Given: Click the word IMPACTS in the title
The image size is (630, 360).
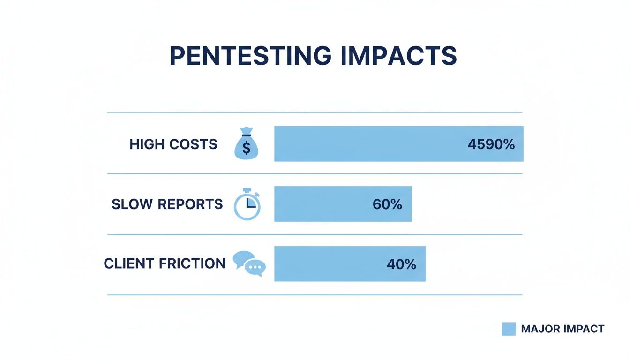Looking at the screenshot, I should tap(396, 56).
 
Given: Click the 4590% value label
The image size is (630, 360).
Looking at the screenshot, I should tap(491, 144).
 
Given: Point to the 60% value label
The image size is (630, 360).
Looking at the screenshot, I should tap(387, 204).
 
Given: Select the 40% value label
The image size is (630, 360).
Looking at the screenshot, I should tap(401, 264).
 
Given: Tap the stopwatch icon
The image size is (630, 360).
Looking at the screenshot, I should tap(247, 205).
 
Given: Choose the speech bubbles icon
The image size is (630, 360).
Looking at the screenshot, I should tap(249, 263).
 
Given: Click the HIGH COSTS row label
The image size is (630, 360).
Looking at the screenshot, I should tap(173, 144).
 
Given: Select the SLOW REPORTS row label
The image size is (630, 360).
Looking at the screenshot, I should tap(167, 204).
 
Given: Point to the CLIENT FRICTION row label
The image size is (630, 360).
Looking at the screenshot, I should tap(165, 263).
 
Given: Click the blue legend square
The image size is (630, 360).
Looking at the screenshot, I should tap(509, 329).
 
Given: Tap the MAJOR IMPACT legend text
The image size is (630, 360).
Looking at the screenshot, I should tap(562, 329).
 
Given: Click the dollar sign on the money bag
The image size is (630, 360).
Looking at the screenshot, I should tap(247, 148).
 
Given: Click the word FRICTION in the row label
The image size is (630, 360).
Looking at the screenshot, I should tap(192, 263).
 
